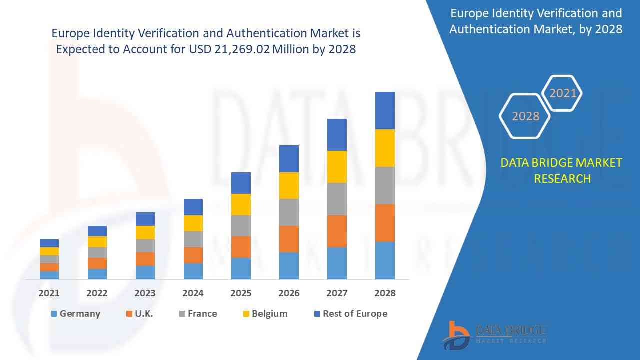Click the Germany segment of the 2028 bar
click(x=385, y=260)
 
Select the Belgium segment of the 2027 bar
click(x=337, y=167)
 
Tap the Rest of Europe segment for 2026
click(x=289, y=159)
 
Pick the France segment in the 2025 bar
click(x=241, y=226)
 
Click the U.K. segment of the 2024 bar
click(x=193, y=255)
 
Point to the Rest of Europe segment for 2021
click(x=49, y=243)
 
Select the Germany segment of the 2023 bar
click(x=145, y=272)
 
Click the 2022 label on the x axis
click(x=97, y=293)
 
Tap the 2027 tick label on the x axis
click(x=337, y=293)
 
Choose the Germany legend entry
click(x=76, y=314)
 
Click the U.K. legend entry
click(x=140, y=314)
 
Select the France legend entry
click(x=198, y=314)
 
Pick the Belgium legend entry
click(x=265, y=314)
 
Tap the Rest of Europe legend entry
click(x=350, y=314)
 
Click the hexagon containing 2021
click(x=562, y=93)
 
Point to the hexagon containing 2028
click(x=525, y=116)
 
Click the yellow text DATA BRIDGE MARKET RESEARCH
click(x=562, y=170)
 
